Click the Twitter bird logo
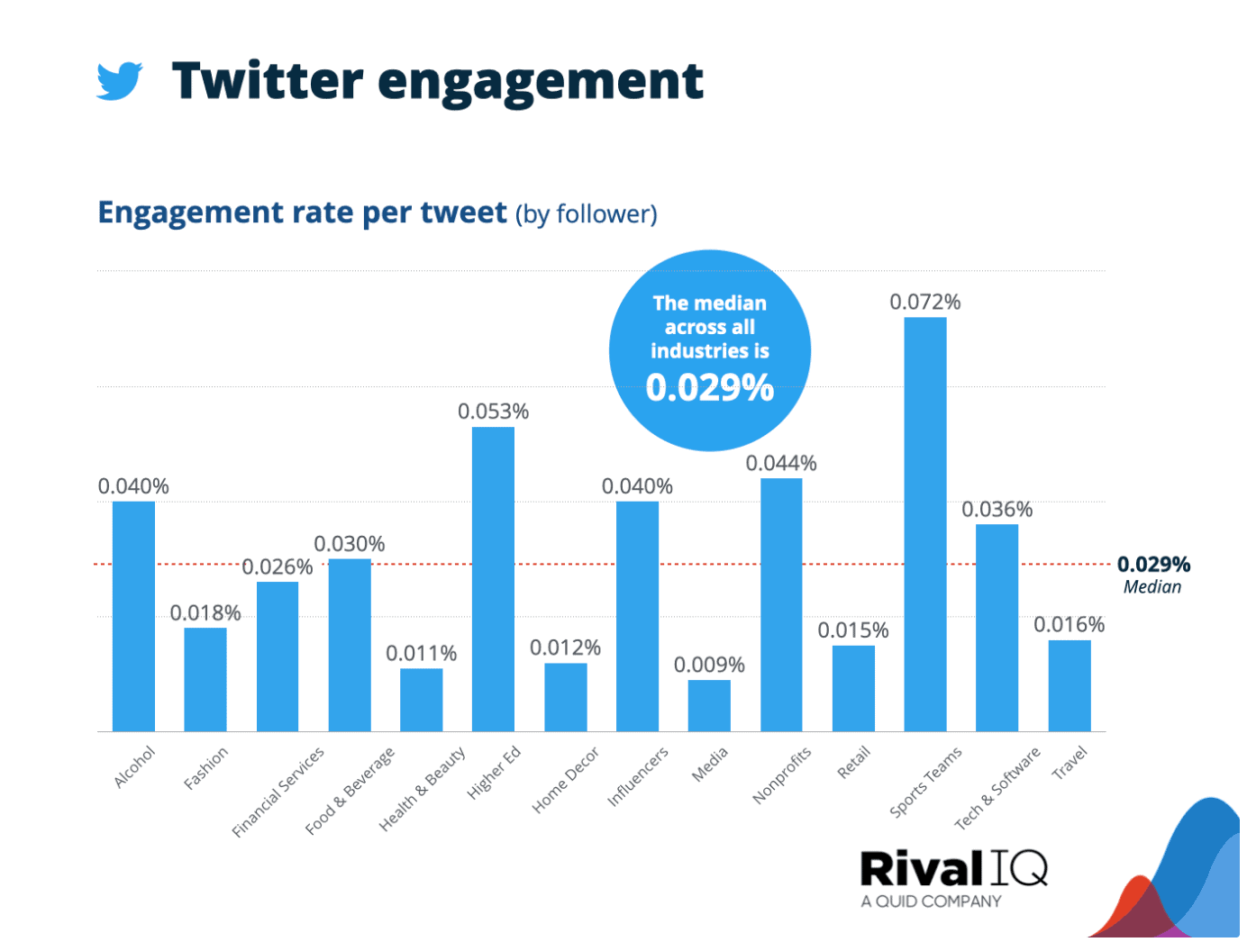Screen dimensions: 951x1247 pyautogui.click(x=120, y=80)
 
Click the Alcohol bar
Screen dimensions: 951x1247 pyautogui.click(x=134, y=617)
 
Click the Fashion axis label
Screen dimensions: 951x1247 pyautogui.click(x=207, y=768)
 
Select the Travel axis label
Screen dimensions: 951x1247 pyautogui.click(x=1071, y=764)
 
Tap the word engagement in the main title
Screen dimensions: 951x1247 pyautogui.click(x=542, y=82)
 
